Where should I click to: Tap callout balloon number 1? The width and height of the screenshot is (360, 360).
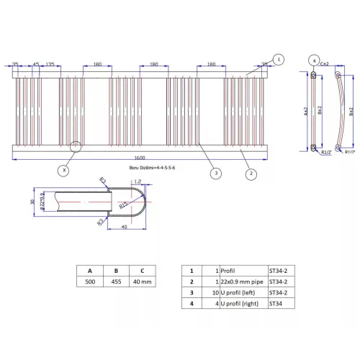point(279,59)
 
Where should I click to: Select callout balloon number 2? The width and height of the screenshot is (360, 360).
point(251,173)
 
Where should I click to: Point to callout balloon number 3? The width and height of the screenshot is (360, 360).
point(215,173)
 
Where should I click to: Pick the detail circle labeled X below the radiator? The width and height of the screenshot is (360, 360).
point(66,171)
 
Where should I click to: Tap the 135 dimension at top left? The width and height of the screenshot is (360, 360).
point(50,64)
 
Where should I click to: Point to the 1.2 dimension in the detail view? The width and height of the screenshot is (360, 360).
point(138,182)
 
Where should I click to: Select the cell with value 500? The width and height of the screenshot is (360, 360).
point(91,283)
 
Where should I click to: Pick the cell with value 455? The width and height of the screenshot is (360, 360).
point(117,283)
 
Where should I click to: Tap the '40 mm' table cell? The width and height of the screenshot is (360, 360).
point(143,283)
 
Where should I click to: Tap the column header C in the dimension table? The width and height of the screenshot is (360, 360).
point(143,271)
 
